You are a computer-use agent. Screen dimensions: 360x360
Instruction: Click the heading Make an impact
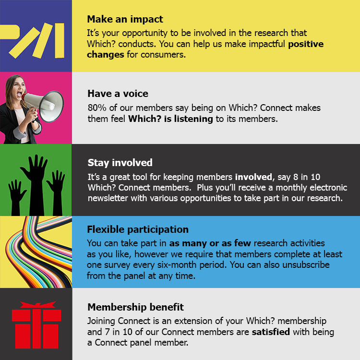click(x=125, y=19)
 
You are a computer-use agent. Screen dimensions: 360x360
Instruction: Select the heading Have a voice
click(x=118, y=94)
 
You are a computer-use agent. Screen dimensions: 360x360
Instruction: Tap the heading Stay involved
click(x=120, y=163)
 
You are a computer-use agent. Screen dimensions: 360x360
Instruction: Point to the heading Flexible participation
click(x=138, y=229)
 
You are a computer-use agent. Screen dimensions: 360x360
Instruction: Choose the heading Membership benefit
click(x=135, y=307)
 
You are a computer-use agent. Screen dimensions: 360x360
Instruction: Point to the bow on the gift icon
click(x=38, y=305)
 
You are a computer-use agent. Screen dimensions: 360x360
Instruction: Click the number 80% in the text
click(x=97, y=108)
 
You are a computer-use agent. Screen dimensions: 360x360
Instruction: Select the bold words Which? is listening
click(x=170, y=119)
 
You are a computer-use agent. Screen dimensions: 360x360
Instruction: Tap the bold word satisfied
click(x=271, y=332)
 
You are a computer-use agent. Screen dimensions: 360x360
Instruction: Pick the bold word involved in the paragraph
click(x=253, y=177)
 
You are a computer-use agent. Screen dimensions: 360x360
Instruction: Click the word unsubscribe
click(x=306, y=265)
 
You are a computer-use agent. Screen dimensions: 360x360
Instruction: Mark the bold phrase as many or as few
click(x=210, y=243)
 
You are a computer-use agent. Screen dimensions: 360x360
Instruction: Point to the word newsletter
click(x=108, y=198)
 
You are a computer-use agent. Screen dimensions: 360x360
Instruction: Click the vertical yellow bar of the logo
click(x=60, y=40)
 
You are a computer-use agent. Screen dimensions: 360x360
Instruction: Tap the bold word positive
click(x=306, y=44)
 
